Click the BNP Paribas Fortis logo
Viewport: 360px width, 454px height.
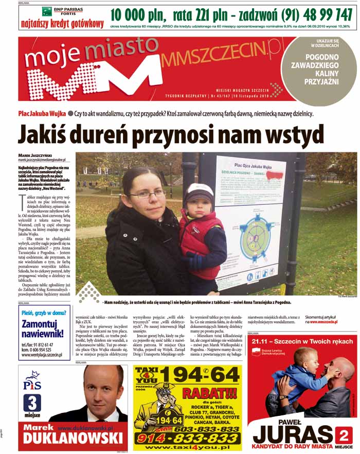(x=62, y=12)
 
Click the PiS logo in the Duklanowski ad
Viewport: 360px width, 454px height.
(x=32, y=382)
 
